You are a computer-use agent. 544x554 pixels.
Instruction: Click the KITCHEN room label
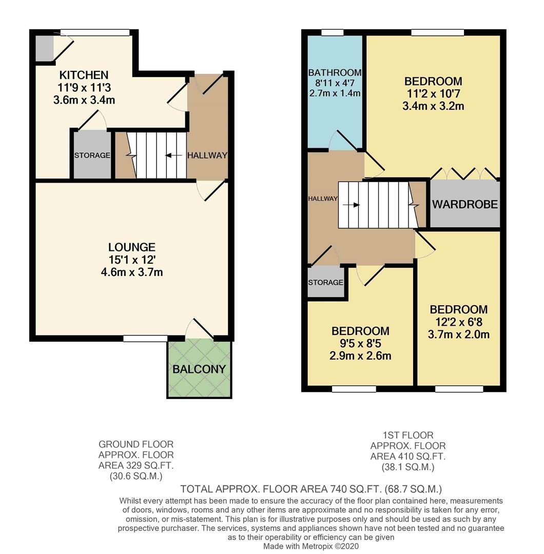click(x=84, y=75)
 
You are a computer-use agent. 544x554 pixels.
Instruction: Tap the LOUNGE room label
click(x=132, y=247)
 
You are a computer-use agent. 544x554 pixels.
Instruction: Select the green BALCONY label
click(x=199, y=369)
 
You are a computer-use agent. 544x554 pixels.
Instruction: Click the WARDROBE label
click(x=464, y=204)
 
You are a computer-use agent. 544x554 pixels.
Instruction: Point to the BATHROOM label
click(x=335, y=73)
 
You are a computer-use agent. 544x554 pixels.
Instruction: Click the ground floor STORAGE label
click(x=92, y=155)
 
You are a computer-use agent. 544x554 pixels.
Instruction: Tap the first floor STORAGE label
click(x=325, y=283)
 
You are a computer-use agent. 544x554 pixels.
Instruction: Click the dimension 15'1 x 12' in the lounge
click(x=132, y=260)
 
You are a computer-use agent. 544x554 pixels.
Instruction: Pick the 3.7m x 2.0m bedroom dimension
click(x=459, y=334)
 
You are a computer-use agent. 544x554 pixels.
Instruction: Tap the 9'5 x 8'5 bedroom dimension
click(x=360, y=344)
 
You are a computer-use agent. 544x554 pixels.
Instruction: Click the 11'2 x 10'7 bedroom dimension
click(x=433, y=94)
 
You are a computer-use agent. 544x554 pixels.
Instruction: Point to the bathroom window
click(x=332, y=33)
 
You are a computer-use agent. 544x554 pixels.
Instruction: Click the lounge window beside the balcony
click(x=145, y=338)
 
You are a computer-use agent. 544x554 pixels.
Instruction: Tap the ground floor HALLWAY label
click(x=207, y=155)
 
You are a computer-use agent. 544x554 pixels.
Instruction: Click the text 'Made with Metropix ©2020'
click(x=312, y=547)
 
